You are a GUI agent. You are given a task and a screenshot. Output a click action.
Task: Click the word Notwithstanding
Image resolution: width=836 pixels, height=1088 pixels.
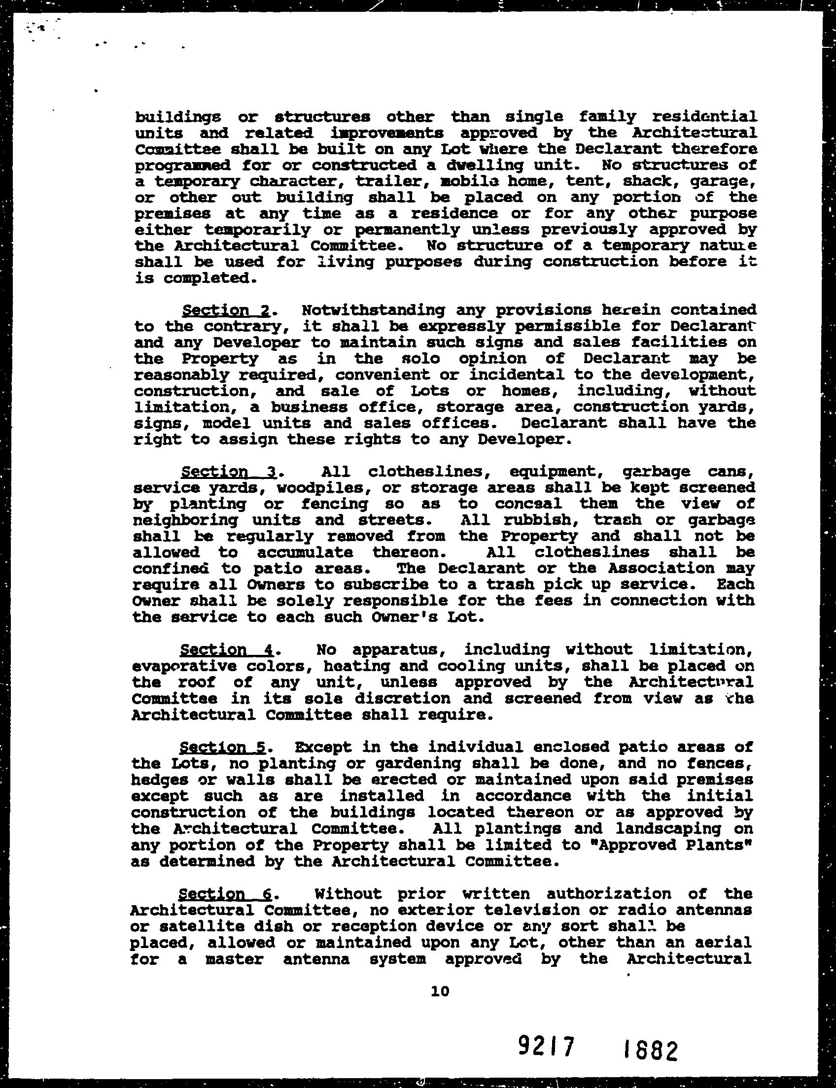[x=373, y=310]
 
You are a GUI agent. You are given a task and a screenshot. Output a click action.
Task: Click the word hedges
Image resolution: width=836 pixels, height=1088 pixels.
[x=159, y=780]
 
